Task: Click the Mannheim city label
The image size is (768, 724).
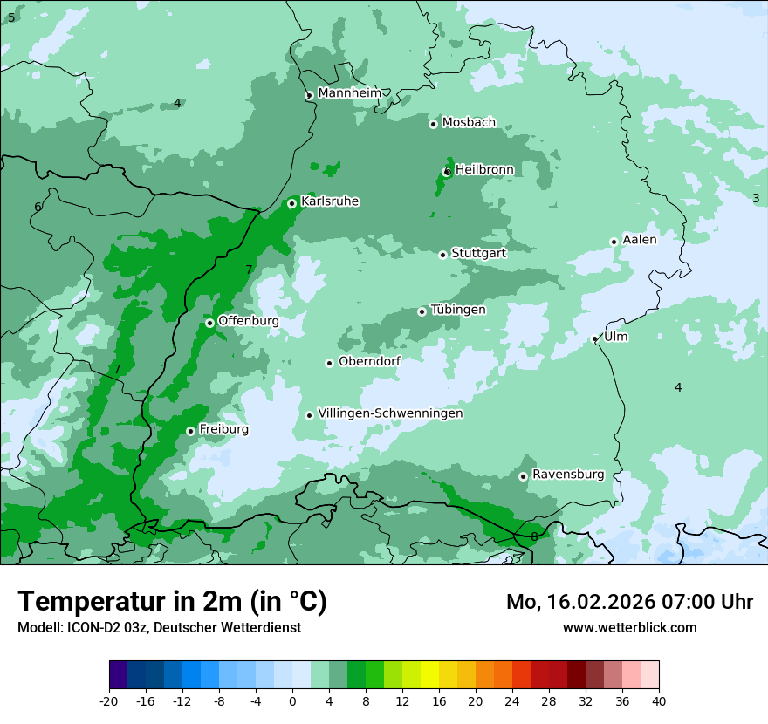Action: (349, 93)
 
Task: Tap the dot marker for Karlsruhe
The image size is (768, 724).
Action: (291, 203)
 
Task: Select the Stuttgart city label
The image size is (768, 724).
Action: (478, 253)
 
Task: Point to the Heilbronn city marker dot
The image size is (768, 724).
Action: (447, 172)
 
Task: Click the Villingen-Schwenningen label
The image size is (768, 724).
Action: (390, 413)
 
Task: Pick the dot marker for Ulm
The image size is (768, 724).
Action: (594, 338)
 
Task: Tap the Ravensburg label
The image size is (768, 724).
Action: (568, 475)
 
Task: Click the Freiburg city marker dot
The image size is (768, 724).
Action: (190, 431)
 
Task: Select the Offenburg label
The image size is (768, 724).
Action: (249, 321)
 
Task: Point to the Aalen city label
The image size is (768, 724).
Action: (640, 239)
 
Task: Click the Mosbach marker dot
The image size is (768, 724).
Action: (433, 124)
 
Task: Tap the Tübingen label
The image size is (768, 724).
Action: (458, 310)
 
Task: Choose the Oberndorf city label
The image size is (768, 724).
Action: (369, 361)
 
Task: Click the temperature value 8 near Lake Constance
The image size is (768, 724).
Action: (534, 536)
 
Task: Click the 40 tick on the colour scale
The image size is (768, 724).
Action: (659, 700)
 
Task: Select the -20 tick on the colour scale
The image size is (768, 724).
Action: (109, 700)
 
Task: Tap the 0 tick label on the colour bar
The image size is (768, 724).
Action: (292, 700)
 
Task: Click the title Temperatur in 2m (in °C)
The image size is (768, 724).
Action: (172, 602)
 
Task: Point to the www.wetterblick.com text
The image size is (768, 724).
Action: (629, 627)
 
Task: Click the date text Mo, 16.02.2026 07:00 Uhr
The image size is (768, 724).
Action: (629, 602)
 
